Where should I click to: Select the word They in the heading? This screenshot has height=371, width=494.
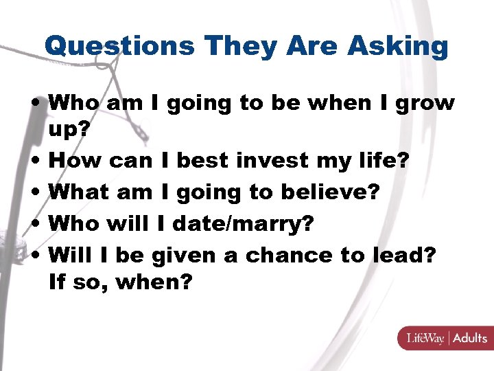point(233,46)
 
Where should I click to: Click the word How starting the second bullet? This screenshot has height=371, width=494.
point(76,161)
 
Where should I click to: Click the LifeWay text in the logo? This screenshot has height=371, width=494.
point(425,338)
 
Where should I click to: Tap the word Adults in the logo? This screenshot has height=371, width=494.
point(470,338)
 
